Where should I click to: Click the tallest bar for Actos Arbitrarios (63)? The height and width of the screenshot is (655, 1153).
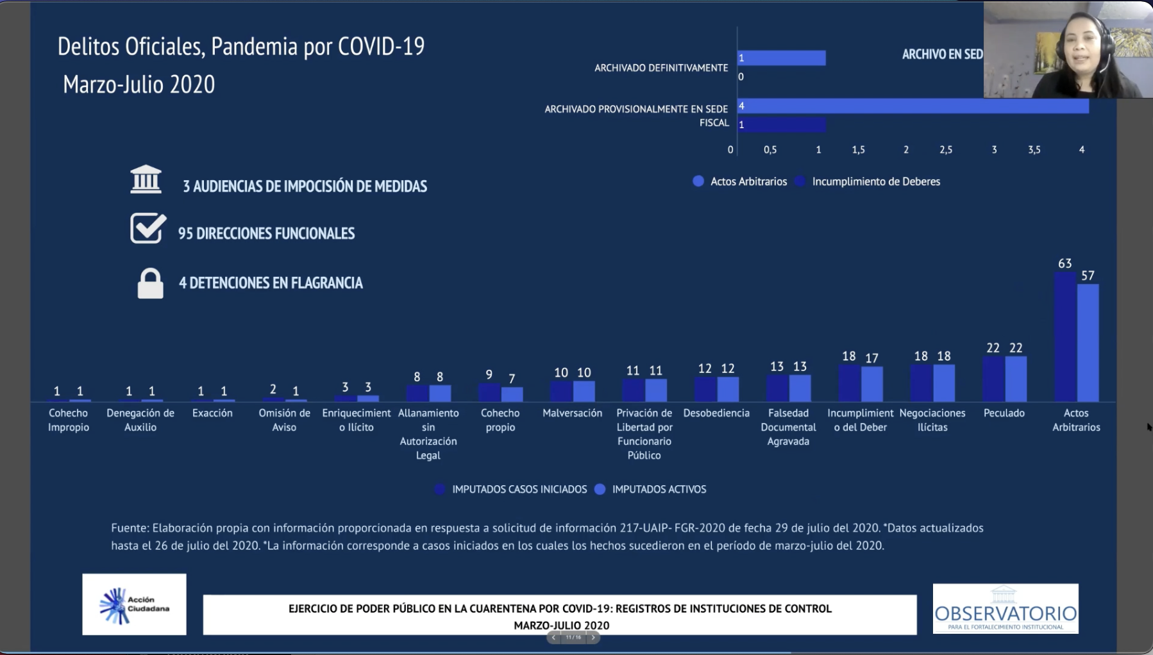coord(1065,336)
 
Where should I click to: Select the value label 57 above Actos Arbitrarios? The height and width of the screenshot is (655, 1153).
coord(1088,276)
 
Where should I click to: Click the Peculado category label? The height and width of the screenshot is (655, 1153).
coord(1004,413)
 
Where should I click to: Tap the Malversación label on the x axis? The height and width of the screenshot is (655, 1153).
coord(572,413)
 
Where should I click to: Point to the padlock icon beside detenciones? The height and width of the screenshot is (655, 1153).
coord(150,283)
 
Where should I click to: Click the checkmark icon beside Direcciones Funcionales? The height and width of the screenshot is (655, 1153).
coord(147,229)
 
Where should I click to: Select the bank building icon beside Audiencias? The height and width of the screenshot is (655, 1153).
coord(146,179)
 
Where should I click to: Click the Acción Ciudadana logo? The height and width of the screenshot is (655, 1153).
coord(134,604)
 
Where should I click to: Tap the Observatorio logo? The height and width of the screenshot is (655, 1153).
coord(1005,609)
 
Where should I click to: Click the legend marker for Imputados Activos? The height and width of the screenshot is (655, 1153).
coord(600,489)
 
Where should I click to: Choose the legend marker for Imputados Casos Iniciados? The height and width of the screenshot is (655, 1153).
coord(440,489)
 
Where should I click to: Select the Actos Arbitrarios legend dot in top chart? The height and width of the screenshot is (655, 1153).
coord(698,181)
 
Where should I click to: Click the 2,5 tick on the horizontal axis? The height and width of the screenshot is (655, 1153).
coord(946,150)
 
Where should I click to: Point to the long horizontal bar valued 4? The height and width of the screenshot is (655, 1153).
coord(913,106)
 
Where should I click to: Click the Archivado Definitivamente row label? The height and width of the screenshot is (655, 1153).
coord(661,68)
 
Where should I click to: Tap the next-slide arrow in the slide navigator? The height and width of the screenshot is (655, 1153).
coord(593,637)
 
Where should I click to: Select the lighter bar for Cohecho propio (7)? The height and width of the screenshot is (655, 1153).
coord(512,394)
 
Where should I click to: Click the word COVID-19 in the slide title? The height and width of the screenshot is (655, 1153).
coord(381,46)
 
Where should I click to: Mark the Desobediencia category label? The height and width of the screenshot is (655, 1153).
coord(716,413)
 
